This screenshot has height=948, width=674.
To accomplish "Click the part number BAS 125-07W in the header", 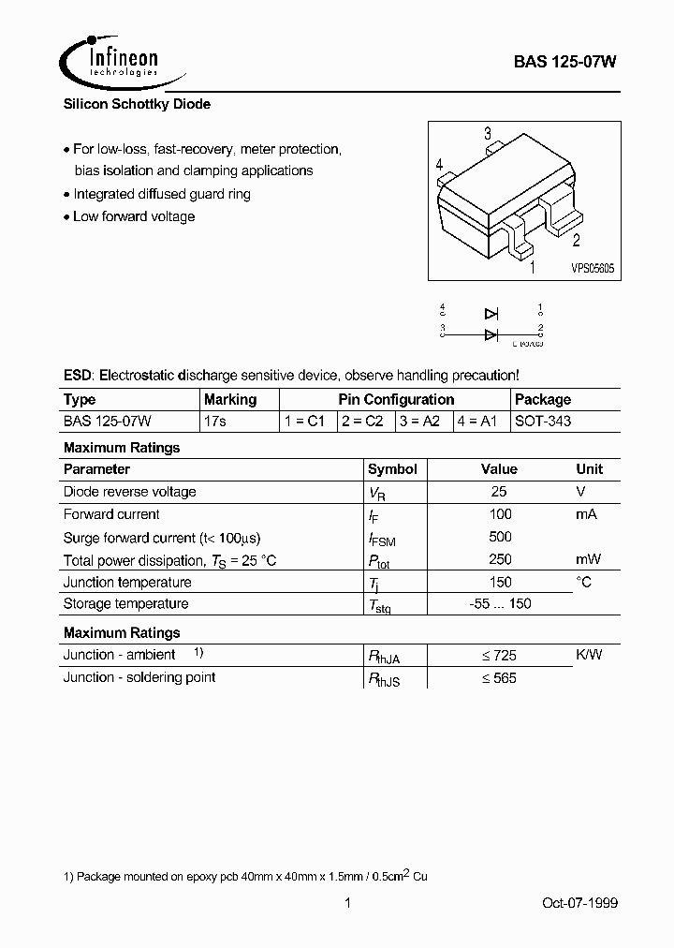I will [x=564, y=61].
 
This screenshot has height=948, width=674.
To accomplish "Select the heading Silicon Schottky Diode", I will [x=137, y=105].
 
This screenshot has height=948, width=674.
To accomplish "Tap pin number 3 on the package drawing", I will [x=488, y=134].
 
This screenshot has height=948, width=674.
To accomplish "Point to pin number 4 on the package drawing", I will [x=439, y=165].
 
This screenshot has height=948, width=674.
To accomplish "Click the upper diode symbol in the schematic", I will [x=491, y=314].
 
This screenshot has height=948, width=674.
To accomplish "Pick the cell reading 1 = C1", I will [x=305, y=421].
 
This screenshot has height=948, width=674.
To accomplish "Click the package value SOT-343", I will [x=543, y=421].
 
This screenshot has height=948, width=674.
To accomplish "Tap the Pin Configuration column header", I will [x=395, y=400].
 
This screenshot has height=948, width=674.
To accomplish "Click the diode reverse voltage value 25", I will [x=499, y=492].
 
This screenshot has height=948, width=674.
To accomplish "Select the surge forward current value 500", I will [x=500, y=537].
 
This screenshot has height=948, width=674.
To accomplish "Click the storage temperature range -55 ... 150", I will [x=500, y=604].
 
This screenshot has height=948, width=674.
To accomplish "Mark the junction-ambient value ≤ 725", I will [x=498, y=656].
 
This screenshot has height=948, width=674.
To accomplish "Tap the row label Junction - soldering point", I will [x=139, y=677].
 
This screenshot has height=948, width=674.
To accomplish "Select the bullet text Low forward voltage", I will [x=134, y=216].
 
